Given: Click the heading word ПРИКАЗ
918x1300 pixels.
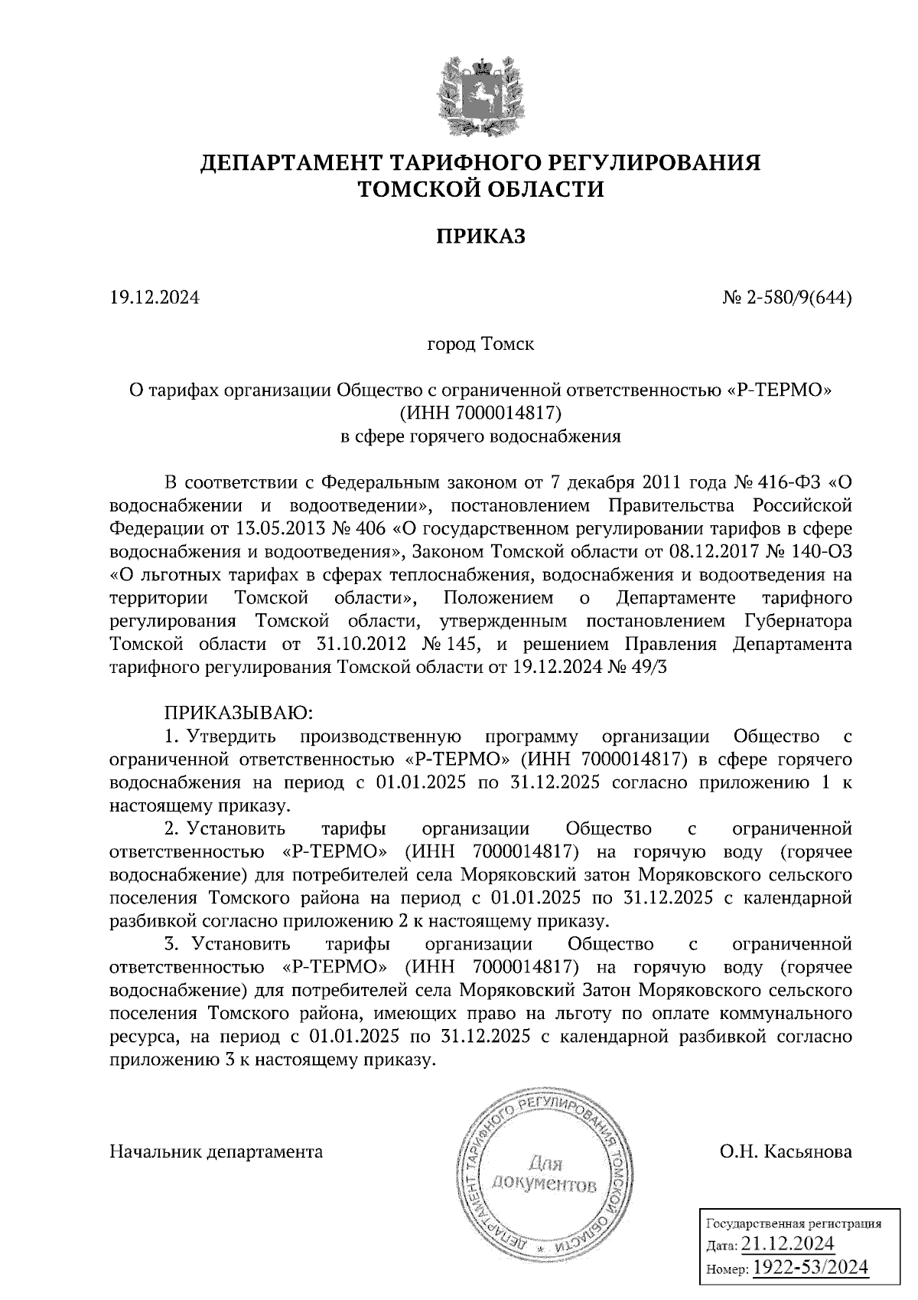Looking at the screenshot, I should pyautogui.click(x=480, y=237).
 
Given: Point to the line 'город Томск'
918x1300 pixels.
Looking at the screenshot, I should pyautogui.click(x=480, y=344).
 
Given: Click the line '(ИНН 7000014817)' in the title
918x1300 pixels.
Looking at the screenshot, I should pyautogui.click(x=480, y=413).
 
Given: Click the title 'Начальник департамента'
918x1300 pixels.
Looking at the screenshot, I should pyautogui.click(x=216, y=1151).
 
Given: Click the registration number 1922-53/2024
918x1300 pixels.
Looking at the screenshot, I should pyautogui.click(x=811, y=1267).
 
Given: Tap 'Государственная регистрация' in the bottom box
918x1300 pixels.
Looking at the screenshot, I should pyautogui.click(x=793, y=1223).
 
